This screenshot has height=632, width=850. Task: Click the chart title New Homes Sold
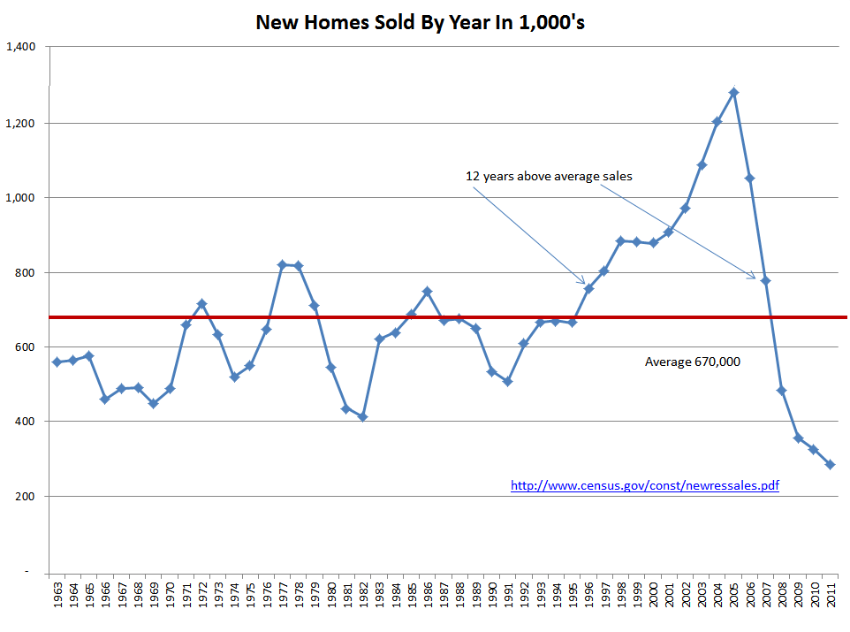(420, 22)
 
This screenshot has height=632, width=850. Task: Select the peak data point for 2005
(733, 92)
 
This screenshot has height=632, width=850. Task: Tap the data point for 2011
(830, 464)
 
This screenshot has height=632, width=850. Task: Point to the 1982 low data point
(362, 416)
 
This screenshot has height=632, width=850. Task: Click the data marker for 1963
(57, 362)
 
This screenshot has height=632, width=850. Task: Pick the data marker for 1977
(282, 264)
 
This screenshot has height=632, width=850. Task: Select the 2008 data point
(781, 390)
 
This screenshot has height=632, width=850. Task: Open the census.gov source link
(645, 485)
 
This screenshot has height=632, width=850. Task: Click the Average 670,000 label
(692, 362)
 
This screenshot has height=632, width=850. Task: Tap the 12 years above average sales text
(549, 176)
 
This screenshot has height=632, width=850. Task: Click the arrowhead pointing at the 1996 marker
(582, 282)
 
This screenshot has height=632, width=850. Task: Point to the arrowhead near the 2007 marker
(753, 278)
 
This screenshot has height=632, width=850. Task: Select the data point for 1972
(201, 303)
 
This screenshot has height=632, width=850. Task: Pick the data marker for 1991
(507, 381)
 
